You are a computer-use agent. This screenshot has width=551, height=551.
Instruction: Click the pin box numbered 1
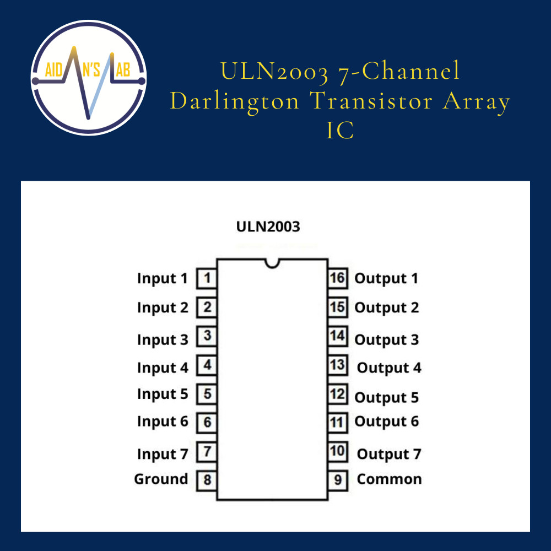pos(207,278)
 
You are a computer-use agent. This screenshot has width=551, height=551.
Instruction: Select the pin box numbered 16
pos(337,278)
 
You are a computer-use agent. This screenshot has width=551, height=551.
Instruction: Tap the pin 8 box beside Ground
pos(207,480)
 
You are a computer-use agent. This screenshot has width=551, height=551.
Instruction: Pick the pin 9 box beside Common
pos(337,480)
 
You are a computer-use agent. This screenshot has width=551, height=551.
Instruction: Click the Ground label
pos(161,479)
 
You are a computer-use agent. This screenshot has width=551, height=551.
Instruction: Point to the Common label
pos(389,479)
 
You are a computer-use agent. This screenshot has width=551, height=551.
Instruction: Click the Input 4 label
pos(163,368)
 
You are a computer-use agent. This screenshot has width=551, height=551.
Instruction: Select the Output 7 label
pos(389,455)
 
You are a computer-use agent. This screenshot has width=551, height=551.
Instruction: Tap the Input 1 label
pos(162,279)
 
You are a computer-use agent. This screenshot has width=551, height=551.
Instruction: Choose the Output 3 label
pos(386,340)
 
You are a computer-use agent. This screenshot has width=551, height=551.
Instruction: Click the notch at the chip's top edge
pos(272,263)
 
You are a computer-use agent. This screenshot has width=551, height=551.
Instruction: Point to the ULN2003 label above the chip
pos(268,226)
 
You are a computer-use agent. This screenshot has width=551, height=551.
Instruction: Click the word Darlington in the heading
pos(235,101)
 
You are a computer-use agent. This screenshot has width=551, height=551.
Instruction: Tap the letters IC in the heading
pos(340,131)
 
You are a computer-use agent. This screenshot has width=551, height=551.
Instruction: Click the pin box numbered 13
pos(337,365)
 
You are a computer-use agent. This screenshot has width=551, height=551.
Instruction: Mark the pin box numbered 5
pos(207,394)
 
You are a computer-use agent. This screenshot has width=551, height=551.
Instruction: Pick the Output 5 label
pos(386,397)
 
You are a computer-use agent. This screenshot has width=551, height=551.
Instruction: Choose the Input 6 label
pos(163,422)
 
